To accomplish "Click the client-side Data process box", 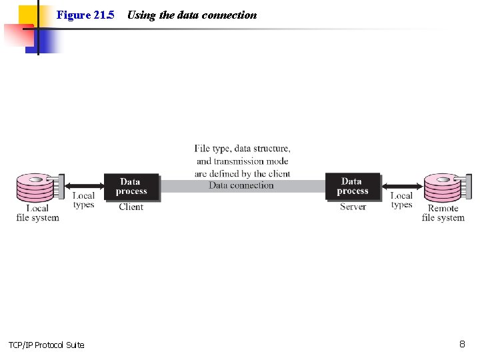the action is coord(131,186).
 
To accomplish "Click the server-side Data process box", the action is coord(352,186).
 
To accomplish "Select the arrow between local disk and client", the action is coord(84,186).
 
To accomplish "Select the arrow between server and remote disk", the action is coord(402,186).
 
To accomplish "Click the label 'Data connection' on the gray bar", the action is coord(241,185).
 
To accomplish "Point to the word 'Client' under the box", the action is coord(131,207).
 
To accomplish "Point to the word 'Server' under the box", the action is coord(353,207).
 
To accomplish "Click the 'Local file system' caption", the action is coord(38,213).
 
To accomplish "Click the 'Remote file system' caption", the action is coord(443,213).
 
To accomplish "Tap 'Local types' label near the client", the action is coord(84,200).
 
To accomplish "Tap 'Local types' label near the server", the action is coord(402,200).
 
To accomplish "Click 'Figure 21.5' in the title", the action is coord(85,15).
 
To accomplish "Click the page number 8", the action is coord(462,344).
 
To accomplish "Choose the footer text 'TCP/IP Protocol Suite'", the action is coord(47,345).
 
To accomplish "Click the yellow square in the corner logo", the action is coord(28,15).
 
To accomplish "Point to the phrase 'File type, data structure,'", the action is coord(243,148).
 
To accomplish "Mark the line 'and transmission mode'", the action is coord(243,161).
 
